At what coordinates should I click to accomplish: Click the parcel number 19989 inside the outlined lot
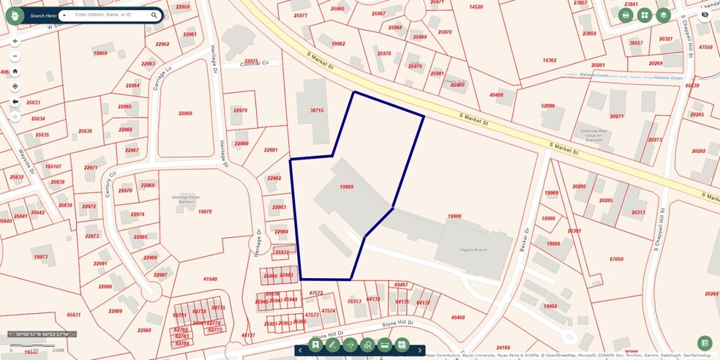point(347,187)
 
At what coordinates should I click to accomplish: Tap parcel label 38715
point(316,110)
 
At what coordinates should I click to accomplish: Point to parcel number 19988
point(454,216)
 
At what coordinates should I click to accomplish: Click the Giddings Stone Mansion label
point(184,199)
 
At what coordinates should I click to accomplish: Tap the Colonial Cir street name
point(255,64)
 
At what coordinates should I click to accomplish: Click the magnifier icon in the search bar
point(154,15)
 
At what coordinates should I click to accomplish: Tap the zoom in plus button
point(15,41)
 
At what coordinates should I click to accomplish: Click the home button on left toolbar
point(15,72)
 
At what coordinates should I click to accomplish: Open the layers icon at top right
point(663,15)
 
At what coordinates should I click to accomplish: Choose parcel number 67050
point(616,259)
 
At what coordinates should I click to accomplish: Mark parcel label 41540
point(210,279)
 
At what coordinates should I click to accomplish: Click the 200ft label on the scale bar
point(59,350)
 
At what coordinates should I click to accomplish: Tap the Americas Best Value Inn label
point(591,135)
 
